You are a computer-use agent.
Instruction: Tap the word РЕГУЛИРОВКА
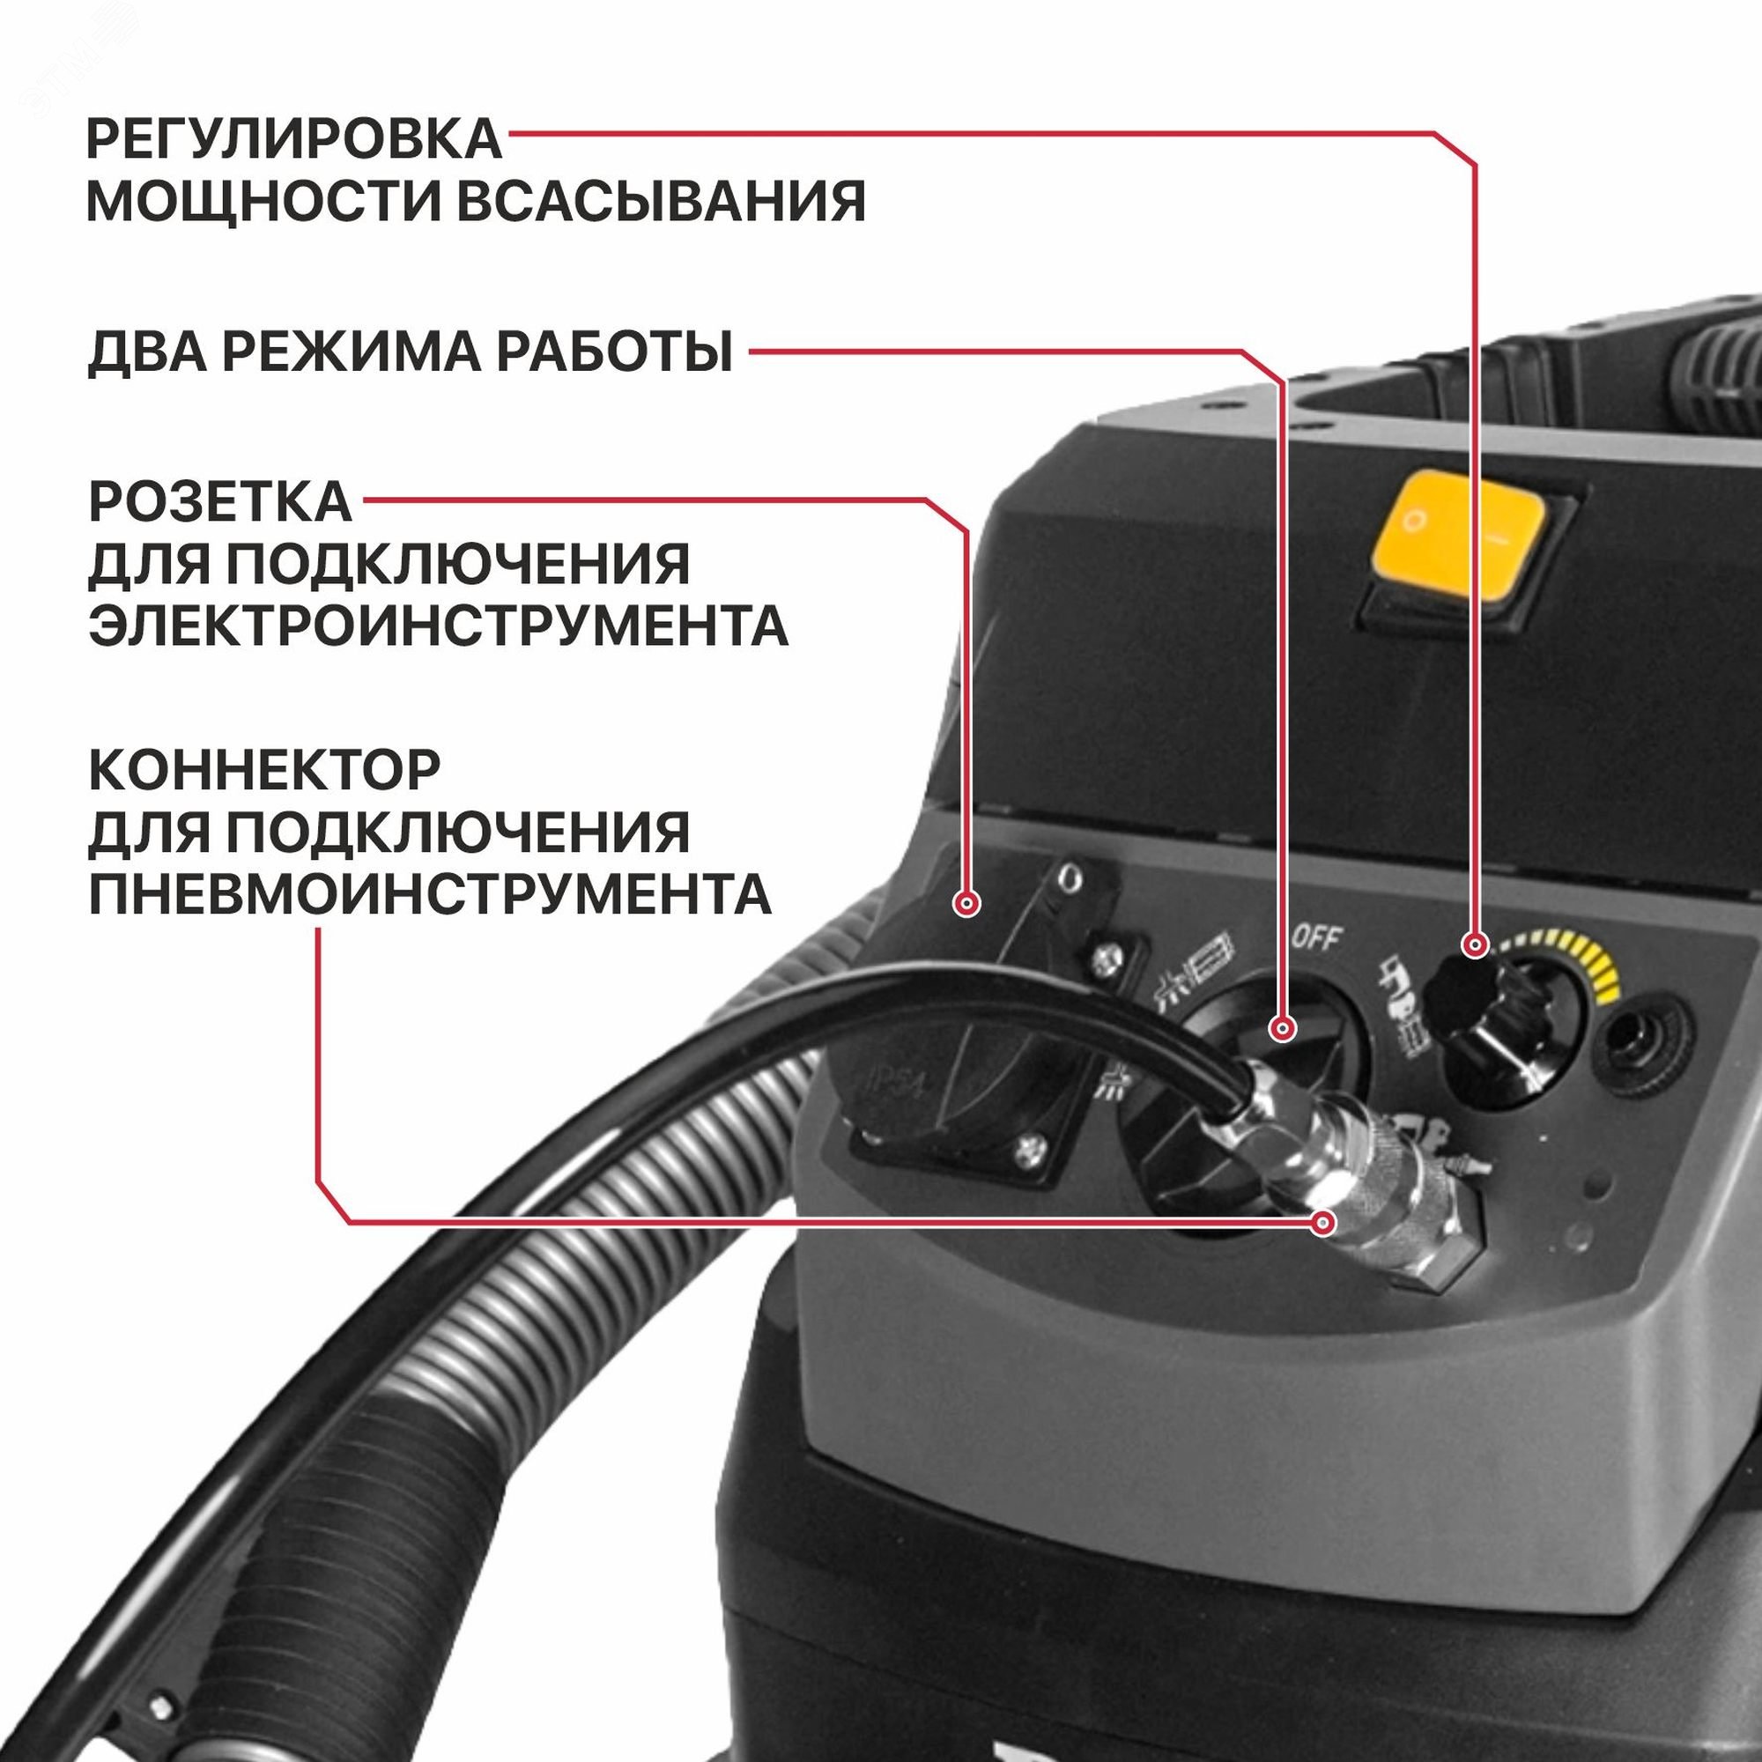(293, 138)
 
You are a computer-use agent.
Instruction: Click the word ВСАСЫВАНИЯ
(659, 203)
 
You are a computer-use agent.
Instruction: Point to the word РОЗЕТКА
(219, 501)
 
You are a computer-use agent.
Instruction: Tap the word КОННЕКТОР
(264, 771)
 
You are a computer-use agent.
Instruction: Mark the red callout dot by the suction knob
(1473, 944)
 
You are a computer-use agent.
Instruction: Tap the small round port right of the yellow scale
(1637, 1037)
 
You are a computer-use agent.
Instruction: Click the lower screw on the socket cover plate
(1029, 1151)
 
